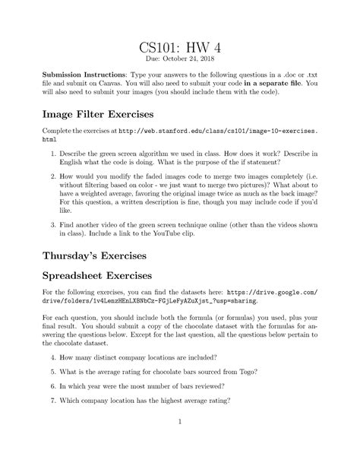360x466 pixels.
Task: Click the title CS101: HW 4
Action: click(179, 52)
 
